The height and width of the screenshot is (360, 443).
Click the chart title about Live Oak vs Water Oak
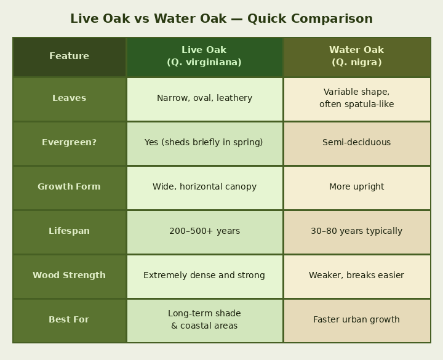221,18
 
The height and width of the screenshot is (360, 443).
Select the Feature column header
70,56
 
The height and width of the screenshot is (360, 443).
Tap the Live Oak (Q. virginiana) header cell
204,56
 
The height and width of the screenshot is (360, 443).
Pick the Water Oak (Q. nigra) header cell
356,56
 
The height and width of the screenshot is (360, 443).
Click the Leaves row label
70,98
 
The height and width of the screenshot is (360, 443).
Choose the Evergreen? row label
70,142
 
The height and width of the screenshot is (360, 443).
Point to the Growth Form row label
70,186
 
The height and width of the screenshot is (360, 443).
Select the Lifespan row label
70,231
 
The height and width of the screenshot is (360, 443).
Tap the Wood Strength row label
70,275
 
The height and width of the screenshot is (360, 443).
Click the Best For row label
70,319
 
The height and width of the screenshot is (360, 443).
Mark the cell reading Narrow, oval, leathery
204,98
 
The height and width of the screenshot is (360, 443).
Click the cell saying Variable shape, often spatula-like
356,98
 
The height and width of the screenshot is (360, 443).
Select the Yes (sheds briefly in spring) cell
204,142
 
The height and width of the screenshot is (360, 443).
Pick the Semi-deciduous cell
356,142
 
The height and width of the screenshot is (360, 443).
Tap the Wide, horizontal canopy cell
204,186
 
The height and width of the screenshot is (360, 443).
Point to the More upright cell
356,186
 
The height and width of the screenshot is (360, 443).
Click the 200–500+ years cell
204,231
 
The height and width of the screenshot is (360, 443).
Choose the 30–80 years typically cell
356,231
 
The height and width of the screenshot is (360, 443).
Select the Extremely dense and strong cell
204,275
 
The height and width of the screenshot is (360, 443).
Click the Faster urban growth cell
356,319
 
